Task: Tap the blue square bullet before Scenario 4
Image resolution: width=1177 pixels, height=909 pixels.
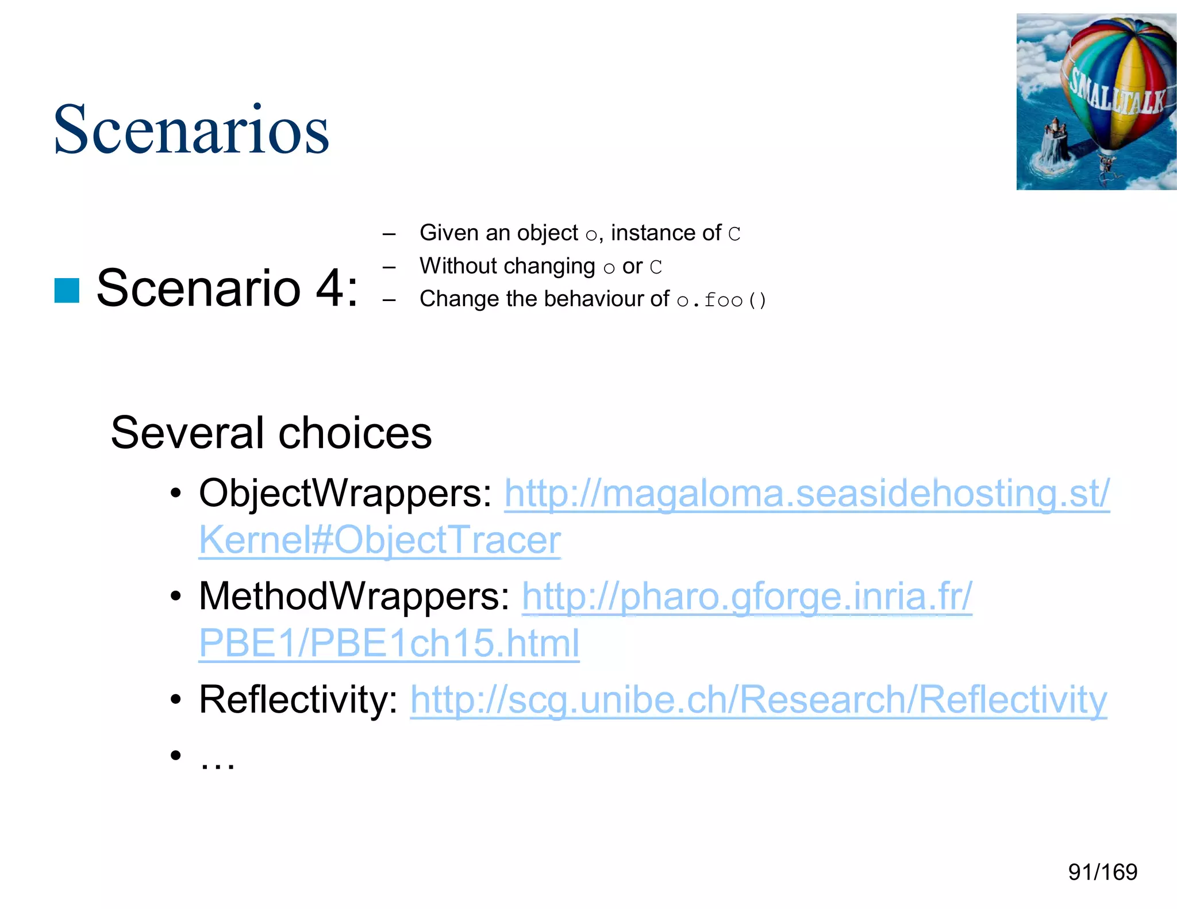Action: click(67, 290)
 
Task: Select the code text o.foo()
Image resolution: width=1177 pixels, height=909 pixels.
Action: click(721, 300)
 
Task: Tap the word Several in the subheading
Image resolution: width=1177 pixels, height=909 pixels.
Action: click(186, 433)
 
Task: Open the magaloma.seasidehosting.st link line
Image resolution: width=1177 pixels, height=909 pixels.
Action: click(807, 493)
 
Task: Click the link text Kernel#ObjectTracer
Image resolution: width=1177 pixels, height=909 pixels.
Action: click(380, 540)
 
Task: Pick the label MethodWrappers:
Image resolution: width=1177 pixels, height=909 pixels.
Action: click(354, 596)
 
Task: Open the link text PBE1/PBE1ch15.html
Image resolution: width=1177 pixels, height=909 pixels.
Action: click(389, 643)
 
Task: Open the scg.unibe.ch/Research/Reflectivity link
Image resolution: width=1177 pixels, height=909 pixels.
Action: click(758, 699)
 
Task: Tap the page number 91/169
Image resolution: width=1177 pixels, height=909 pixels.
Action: click(1102, 872)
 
